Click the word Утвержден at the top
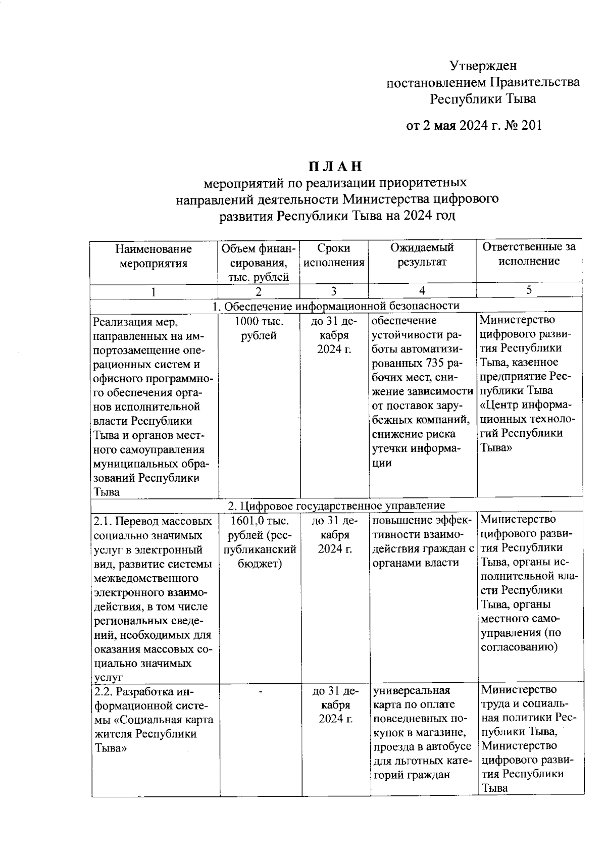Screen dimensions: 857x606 click(x=483, y=66)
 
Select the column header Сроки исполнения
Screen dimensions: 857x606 click(x=334, y=255)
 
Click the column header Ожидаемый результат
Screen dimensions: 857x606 click(x=422, y=255)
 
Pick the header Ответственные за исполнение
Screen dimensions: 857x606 click(x=529, y=254)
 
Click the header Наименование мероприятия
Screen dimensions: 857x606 click(x=154, y=256)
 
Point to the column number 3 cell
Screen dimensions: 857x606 click(x=334, y=291)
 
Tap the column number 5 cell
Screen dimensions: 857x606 click(x=529, y=290)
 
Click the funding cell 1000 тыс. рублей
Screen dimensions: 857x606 click(x=259, y=328)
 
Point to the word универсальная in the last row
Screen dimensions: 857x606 click(x=411, y=690)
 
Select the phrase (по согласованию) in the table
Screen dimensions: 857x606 click(x=520, y=640)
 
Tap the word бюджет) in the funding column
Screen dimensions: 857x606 click(x=260, y=564)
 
